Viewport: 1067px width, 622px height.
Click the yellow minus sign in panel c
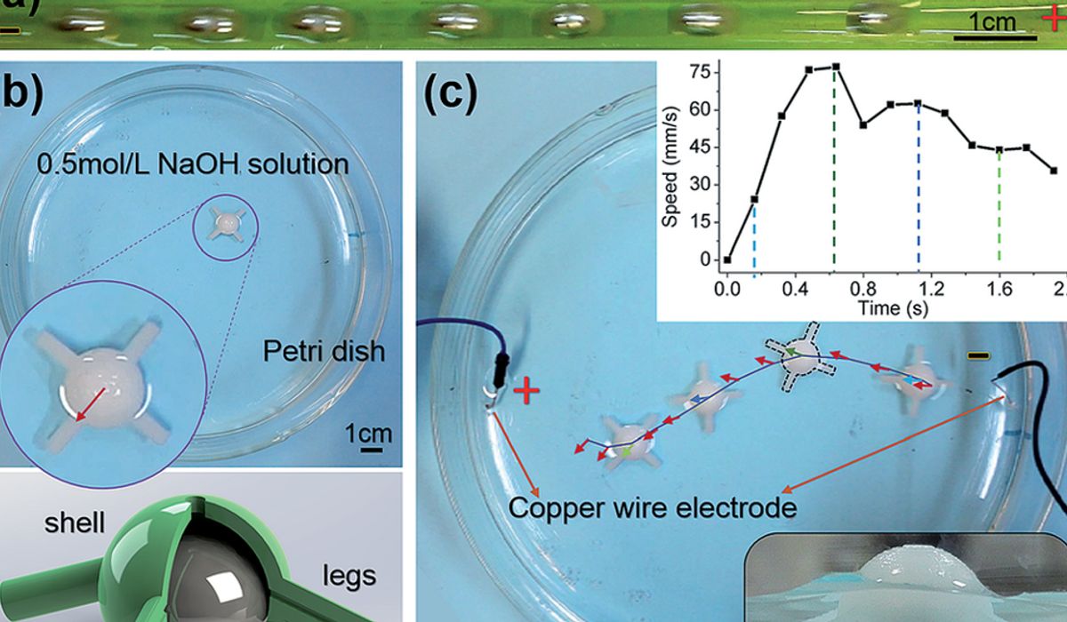tap(979, 356)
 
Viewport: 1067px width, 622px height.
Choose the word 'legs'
tap(346, 575)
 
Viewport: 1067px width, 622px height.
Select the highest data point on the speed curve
tap(835, 67)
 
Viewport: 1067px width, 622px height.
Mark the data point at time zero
tap(727, 260)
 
